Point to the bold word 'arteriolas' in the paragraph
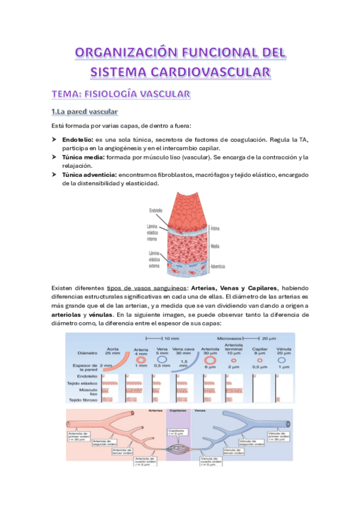point(69,314)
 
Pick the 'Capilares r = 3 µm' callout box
point(176,432)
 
